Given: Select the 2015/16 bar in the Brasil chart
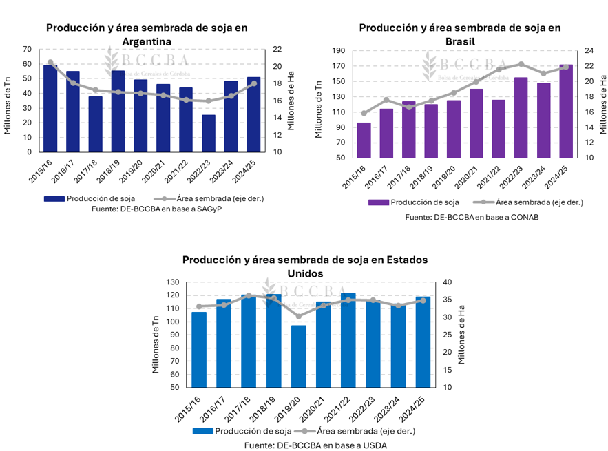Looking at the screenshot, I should tap(364, 140).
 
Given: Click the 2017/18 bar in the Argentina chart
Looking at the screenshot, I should tap(96, 124).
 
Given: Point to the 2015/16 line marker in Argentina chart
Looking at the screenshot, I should tap(50, 62).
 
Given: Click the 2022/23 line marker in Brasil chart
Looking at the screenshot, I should tap(521, 64).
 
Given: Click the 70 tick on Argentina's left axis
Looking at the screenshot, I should tap(27, 49).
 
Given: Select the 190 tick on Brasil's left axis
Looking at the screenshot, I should tap(338, 51).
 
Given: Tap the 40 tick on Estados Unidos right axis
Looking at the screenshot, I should tap(448, 282).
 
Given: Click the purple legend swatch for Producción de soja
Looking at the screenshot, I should tap(378, 202).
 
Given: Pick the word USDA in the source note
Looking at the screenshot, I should tap(375, 445).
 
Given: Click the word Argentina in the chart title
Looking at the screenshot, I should tap(147, 41).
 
